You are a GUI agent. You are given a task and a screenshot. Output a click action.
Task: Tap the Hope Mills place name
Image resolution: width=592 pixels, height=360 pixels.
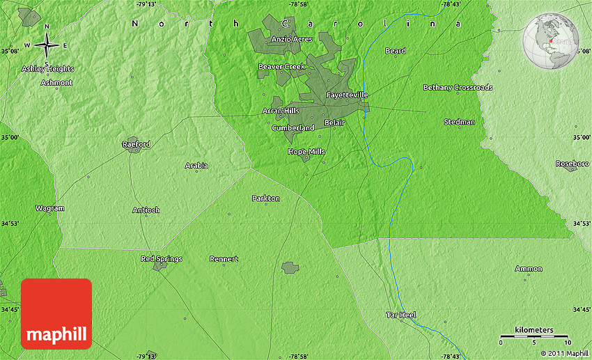(x=306, y=151)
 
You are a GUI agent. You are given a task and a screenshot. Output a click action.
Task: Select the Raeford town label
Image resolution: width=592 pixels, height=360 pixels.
(x=136, y=144)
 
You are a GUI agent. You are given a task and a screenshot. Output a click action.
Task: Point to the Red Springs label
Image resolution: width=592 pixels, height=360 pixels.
(x=162, y=258)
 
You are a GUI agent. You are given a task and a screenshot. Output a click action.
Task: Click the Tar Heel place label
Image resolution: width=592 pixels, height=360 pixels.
(x=401, y=315)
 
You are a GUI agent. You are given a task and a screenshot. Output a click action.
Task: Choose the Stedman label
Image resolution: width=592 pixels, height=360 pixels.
(x=460, y=122)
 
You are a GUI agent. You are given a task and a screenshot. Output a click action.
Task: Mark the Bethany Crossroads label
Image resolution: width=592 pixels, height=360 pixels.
(x=458, y=87)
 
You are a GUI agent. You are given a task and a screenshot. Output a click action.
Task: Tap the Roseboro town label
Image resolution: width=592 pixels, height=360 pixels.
(x=572, y=163)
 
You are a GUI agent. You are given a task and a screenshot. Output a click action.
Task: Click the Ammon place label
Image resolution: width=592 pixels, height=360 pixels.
(x=529, y=268)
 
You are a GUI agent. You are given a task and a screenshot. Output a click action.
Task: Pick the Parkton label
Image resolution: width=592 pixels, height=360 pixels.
(x=265, y=198)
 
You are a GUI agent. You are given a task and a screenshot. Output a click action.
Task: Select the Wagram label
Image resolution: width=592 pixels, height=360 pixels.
(x=49, y=208)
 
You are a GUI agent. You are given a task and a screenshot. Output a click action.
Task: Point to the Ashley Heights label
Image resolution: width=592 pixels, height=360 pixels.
(x=47, y=69)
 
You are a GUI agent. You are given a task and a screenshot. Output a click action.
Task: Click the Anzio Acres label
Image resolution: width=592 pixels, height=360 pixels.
(x=292, y=39)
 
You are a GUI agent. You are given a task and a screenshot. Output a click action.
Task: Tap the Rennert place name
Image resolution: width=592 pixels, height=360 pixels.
(x=224, y=259)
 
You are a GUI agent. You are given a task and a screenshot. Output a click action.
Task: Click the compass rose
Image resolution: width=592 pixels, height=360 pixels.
(x=47, y=45)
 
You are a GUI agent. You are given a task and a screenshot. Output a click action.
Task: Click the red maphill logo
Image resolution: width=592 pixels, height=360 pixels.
(x=56, y=313)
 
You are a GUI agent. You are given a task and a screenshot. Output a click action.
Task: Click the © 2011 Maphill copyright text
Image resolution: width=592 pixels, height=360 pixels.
(x=564, y=354)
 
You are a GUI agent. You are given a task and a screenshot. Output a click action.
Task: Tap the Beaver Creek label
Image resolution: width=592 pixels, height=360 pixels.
(x=281, y=66)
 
